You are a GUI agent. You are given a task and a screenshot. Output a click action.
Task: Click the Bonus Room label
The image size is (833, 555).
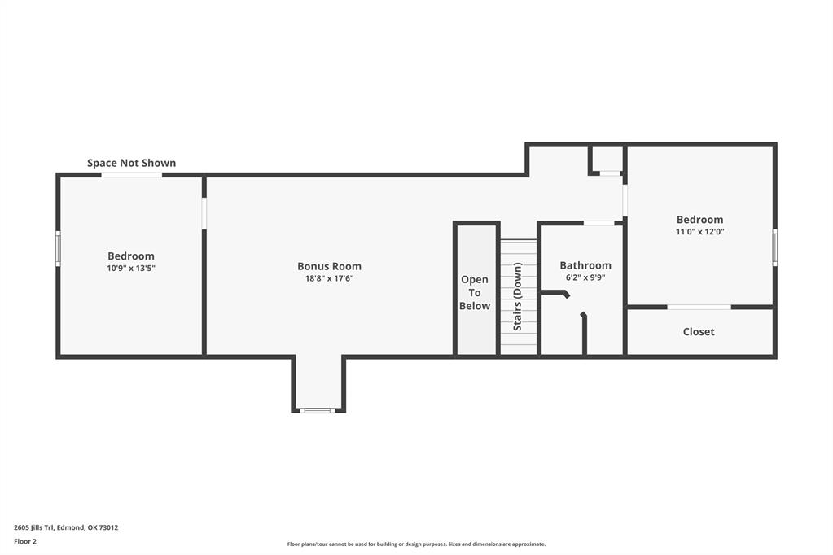coord(329,266)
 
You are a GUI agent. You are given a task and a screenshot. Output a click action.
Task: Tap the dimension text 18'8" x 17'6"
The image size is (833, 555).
coord(329,278)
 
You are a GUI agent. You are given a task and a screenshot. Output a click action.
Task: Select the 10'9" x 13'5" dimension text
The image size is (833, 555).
coord(131,268)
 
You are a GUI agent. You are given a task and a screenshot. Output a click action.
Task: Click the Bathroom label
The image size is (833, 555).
coord(585,265)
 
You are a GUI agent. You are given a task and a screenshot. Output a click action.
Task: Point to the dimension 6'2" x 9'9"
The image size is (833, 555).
coord(585,277)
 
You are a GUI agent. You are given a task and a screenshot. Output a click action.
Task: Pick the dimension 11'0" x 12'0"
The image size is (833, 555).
coord(699,231)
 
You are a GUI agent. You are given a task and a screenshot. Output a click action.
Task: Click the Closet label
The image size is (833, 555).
coord(699,331)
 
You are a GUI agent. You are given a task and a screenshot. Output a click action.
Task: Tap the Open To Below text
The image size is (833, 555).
coord(475,292)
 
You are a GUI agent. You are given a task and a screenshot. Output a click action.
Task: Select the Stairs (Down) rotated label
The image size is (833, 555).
coord(517,296)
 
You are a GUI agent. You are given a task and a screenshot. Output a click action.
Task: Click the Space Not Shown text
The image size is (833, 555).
coord(131,163)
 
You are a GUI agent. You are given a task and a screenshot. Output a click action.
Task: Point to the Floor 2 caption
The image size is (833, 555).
coord(25,541)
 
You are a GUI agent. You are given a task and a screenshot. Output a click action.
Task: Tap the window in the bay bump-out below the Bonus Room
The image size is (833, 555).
coord(318,410)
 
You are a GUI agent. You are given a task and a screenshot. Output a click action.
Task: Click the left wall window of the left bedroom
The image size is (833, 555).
coord(58,248)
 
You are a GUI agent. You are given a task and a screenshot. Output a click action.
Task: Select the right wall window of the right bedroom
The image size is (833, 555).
coord(774,247)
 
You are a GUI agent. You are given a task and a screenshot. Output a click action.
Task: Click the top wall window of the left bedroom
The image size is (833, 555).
coord(131,175)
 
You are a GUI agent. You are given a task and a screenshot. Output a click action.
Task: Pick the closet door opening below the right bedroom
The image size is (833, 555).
coord(699,307)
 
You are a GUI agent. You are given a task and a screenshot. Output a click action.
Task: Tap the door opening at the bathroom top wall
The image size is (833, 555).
coord(599,223)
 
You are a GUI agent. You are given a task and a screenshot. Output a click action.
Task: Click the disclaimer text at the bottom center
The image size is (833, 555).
coord(416,544)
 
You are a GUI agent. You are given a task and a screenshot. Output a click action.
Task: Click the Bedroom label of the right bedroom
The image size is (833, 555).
coord(699,219)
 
